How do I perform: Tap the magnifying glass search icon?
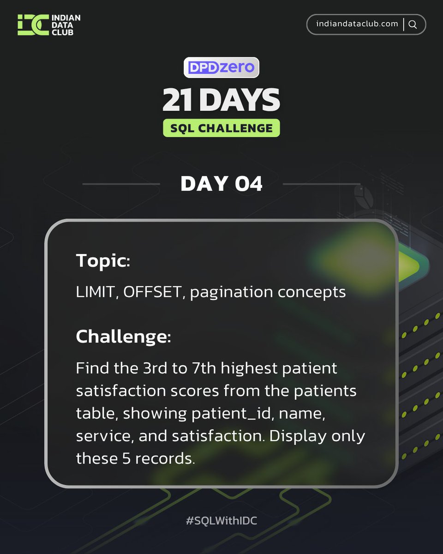413,24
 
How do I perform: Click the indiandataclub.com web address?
357,24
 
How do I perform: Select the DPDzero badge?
221,67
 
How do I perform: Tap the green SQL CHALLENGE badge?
221,128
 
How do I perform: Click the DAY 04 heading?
221,184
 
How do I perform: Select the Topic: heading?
103,261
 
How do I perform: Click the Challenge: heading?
123,336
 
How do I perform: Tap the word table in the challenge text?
95,414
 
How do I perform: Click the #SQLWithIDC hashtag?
221,521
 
